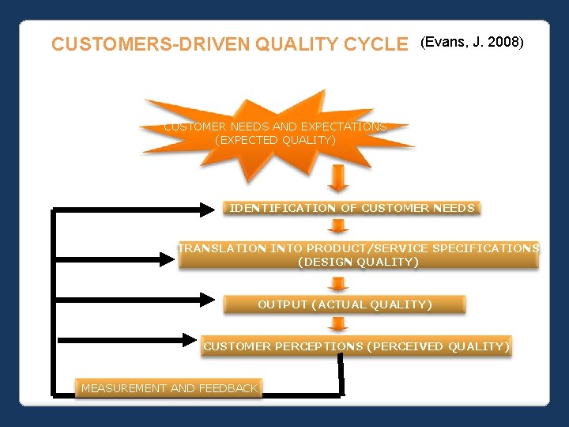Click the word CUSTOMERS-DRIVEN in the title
[x=150, y=44]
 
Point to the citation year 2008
[x=503, y=42]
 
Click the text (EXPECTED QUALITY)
[x=275, y=140]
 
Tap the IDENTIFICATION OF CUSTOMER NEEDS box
[x=352, y=209]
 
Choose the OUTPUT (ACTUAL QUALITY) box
[x=345, y=304]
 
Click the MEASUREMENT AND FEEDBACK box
[x=169, y=388]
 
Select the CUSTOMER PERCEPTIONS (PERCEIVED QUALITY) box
[x=356, y=346]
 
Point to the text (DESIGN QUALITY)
[x=358, y=262]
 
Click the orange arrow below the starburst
[x=338, y=179]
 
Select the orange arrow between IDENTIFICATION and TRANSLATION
[x=338, y=227]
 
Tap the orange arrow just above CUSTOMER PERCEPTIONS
[x=338, y=324]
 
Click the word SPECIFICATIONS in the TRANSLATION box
[x=484, y=248]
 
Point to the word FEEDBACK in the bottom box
[x=228, y=388]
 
